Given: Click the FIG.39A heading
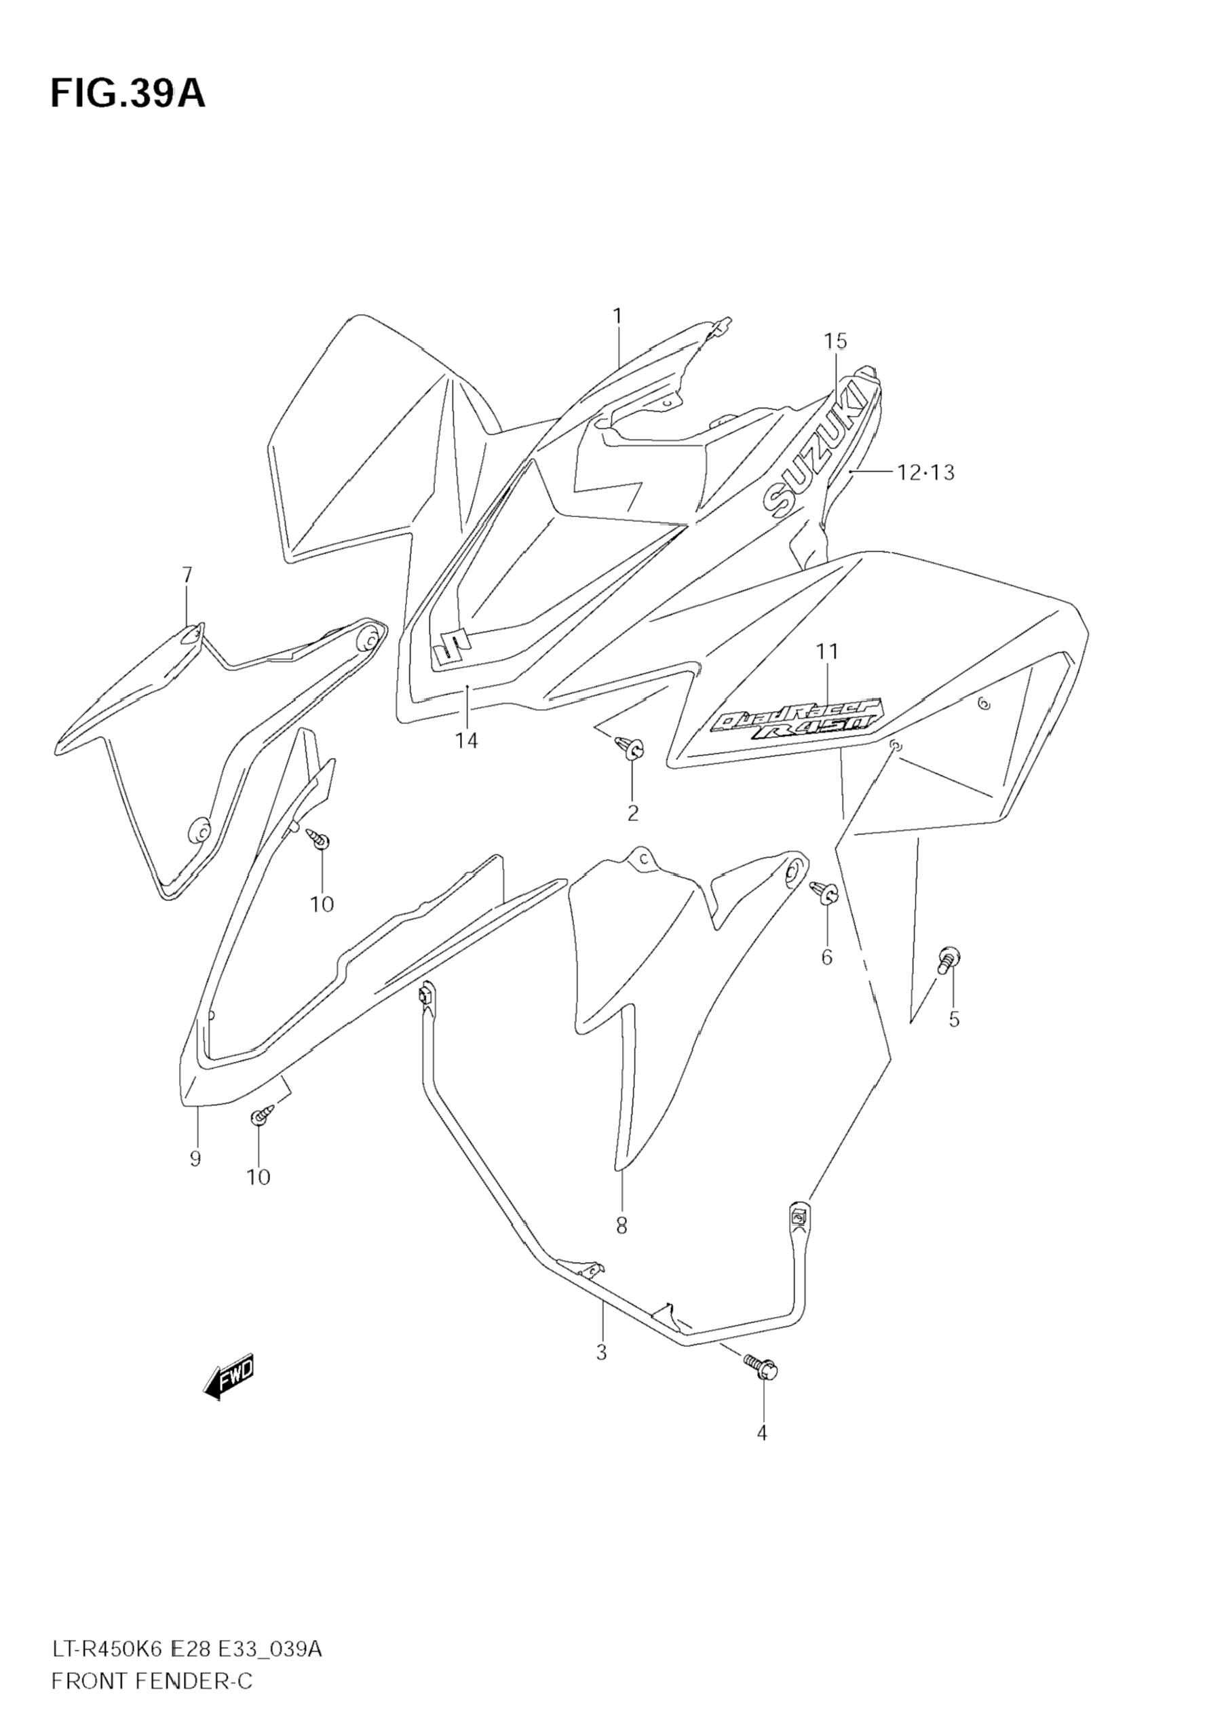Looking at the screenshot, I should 128,94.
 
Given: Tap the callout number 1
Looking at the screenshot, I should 617,316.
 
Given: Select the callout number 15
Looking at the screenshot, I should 835,341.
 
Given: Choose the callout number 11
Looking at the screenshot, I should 827,651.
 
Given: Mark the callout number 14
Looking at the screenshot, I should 466,740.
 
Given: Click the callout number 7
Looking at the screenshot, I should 187,575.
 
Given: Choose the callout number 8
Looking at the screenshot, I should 621,1225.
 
